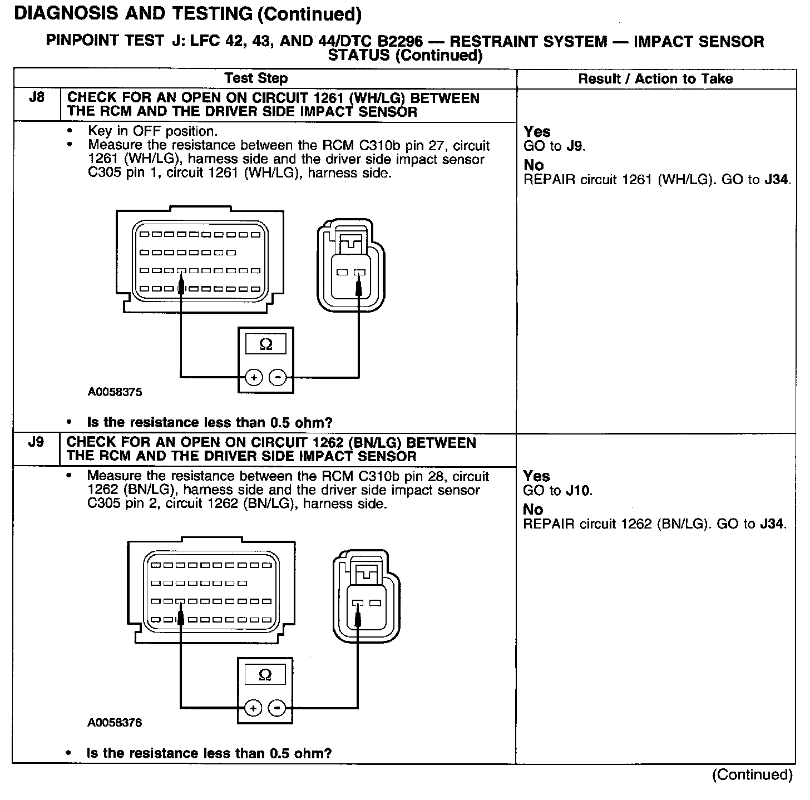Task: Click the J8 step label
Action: coord(36,98)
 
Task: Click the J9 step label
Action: coord(36,442)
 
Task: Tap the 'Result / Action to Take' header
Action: coord(655,79)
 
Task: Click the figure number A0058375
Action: coord(115,392)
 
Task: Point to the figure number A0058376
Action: coord(115,723)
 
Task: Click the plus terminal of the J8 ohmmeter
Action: coord(254,378)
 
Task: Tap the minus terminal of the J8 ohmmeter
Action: coord(277,378)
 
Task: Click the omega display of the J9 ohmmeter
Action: coord(265,675)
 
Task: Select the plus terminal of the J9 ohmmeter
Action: coord(253,708)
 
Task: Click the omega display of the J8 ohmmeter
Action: coord(266,345)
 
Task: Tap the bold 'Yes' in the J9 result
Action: coord(537,476)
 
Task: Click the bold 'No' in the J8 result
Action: coord(534,165)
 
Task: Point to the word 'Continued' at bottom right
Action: coord(752,775)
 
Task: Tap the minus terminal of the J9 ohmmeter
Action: coord(276,708)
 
